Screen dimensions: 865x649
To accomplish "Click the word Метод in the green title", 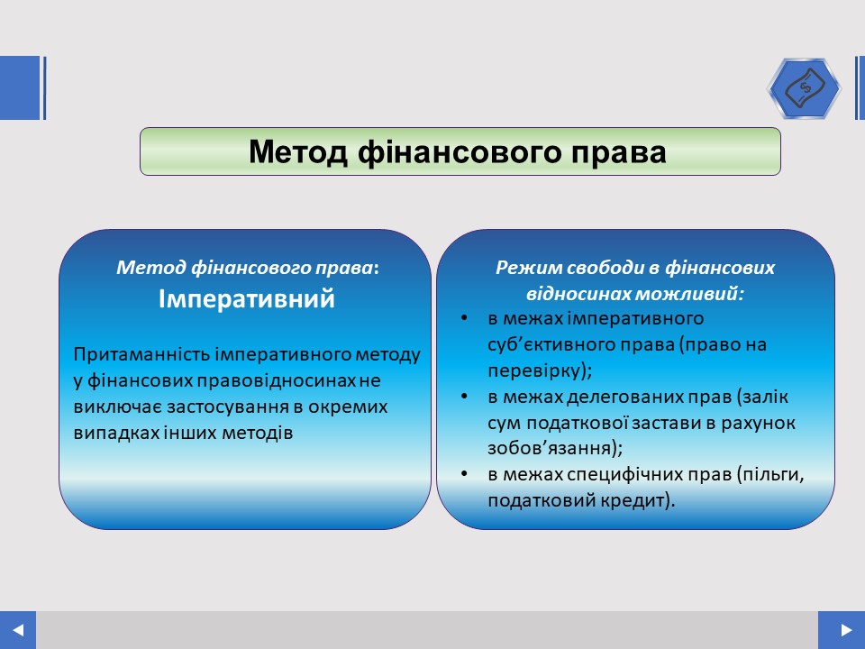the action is pyautogui.click(x=298, y=151).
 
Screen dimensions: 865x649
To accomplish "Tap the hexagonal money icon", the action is pyautogui.click(x=805, y=88).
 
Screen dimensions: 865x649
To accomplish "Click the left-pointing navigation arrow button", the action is pyautogui.click(x=18, y=630).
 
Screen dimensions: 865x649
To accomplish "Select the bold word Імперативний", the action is pyautogui.click(x=247, y=298).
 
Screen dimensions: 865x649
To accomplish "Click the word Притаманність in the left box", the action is pyautogui.click(x=141, y=354).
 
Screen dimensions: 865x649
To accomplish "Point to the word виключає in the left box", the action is pyautogui.click(x=117, y=407).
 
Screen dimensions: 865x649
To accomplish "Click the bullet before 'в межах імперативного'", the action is pyautogui.click(x=464, y=318).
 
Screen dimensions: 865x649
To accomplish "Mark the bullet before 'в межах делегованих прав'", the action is pyautogui.click(x=464, y=397).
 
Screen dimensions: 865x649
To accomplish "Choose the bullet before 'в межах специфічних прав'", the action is pyautogui.click(x=464, y=474).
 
